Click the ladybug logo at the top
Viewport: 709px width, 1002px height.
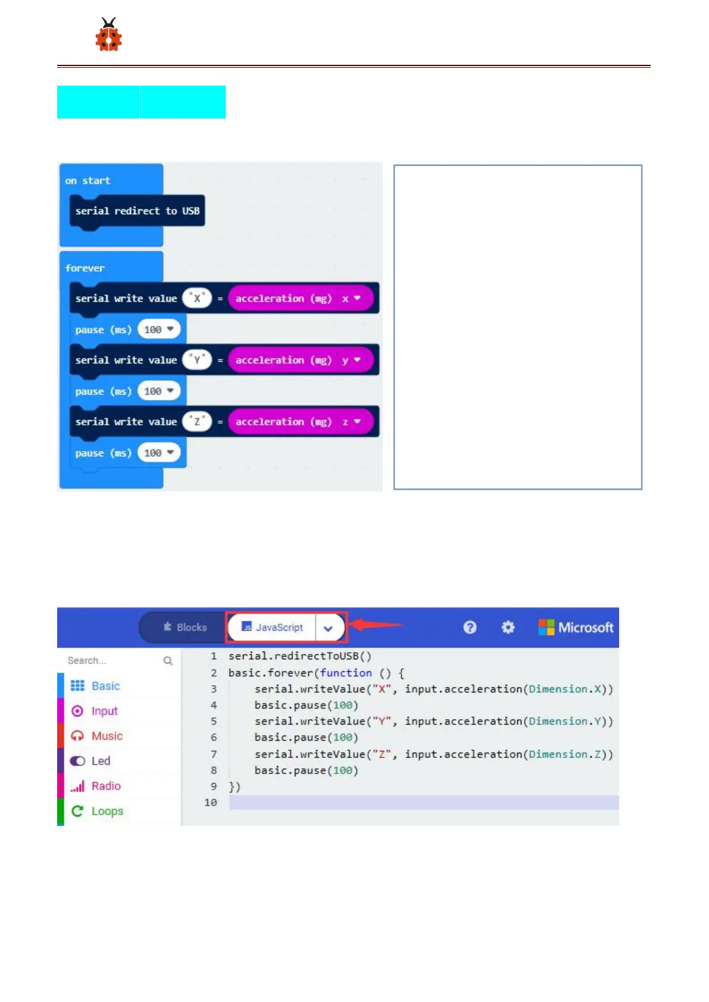pos(108,35)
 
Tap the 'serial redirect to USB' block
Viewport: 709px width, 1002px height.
pos(137,211)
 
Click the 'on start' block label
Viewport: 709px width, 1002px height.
pos(88,180)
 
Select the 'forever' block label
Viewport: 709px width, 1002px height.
pos(85,268)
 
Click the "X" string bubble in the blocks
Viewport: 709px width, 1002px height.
pos(197,298)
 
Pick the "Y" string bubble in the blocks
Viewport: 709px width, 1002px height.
pos(197,360)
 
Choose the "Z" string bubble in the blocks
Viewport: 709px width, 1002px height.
pos(197,421)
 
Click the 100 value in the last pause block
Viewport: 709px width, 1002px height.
pos(158,453)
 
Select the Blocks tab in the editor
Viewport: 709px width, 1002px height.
pos(185,627)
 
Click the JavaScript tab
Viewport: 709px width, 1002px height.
pos(272,627)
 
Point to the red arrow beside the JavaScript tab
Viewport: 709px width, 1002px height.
pos(375,625)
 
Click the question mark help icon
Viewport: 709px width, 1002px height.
pos(470,627)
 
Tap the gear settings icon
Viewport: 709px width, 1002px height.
pos(508,627)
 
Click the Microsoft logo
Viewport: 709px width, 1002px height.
pos(576,627)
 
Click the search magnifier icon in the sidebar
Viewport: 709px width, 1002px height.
pos(168,660)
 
